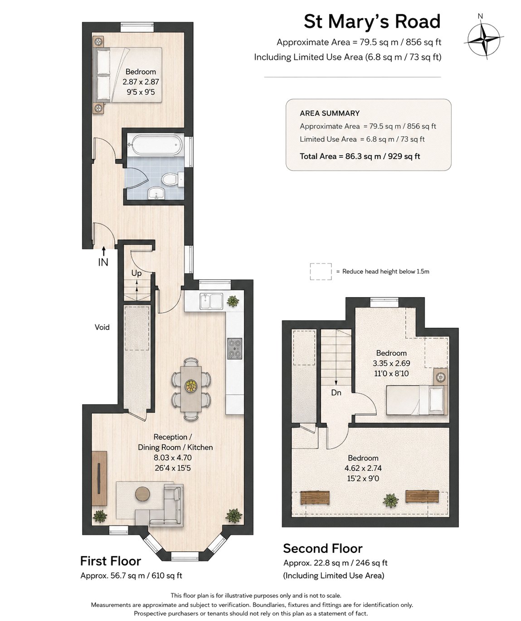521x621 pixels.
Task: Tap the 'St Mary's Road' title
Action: (372, 21)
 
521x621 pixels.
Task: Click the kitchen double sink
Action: (211, 301)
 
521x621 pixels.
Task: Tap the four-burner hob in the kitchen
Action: (234, 348)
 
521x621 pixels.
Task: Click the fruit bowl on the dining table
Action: (191, 386)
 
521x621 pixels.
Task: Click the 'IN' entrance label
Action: (103, 262)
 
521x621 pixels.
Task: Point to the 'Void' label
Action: (102, 327)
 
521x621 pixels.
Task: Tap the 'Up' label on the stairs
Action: (136, 274)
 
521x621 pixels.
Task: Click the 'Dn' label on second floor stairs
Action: (336, 392)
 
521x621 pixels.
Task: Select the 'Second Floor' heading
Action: (323, 548)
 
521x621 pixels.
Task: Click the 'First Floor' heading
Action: (111, 561)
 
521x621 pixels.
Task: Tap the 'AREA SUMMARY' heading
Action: (330, 113)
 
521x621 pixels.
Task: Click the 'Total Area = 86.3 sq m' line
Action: (360, 156)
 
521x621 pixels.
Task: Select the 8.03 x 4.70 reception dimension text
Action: (172, 457)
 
